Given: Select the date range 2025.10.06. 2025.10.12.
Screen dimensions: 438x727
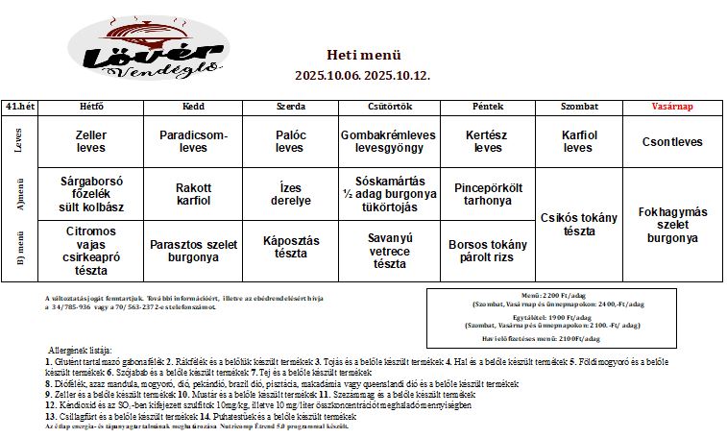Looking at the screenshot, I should pos(363,74).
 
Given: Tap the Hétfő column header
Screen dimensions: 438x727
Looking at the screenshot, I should pos(91,107).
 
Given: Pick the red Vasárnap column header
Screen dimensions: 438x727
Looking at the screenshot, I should pos(672,107).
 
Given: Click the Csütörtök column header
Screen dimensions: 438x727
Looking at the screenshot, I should pos(389,107).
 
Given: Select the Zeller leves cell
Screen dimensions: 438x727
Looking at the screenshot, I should pos(91,142).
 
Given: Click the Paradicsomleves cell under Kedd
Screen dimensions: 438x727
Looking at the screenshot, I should pos(193,142).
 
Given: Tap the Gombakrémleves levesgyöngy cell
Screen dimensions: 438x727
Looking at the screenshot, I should pos(389,142).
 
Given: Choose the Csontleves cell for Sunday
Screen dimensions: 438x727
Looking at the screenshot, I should pos(672,142).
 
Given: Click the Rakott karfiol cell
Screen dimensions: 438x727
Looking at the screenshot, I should pos(193,194).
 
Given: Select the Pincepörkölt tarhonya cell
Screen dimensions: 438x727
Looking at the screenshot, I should pos(488,194).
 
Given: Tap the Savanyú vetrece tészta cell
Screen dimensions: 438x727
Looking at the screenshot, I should pos(389,250).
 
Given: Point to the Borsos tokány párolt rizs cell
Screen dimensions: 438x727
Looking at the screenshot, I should pos(488,250).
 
